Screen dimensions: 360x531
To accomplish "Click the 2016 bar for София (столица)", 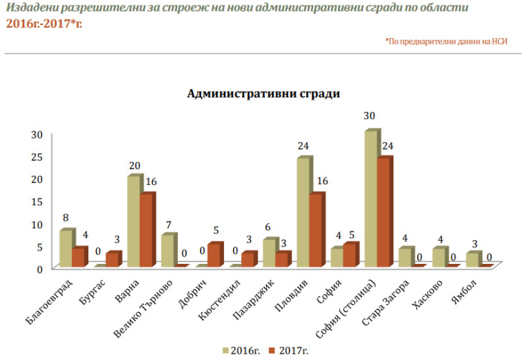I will click(370, 199).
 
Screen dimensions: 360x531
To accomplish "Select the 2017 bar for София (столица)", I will click(384, 212).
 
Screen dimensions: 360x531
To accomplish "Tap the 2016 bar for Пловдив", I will click(303, 212).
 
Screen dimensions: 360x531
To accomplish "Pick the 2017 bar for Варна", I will click(146, 230).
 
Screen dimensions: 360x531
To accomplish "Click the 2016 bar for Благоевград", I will click(66, 248).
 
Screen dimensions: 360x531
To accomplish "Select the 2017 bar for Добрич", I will click(214, 255).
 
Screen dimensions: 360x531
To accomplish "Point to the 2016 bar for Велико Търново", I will click(167, 250).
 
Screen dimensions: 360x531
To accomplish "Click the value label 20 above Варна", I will click(134, 166).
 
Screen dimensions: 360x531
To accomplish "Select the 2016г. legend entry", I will click(241, 350).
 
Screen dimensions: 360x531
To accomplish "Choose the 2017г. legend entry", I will click(287, 350).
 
